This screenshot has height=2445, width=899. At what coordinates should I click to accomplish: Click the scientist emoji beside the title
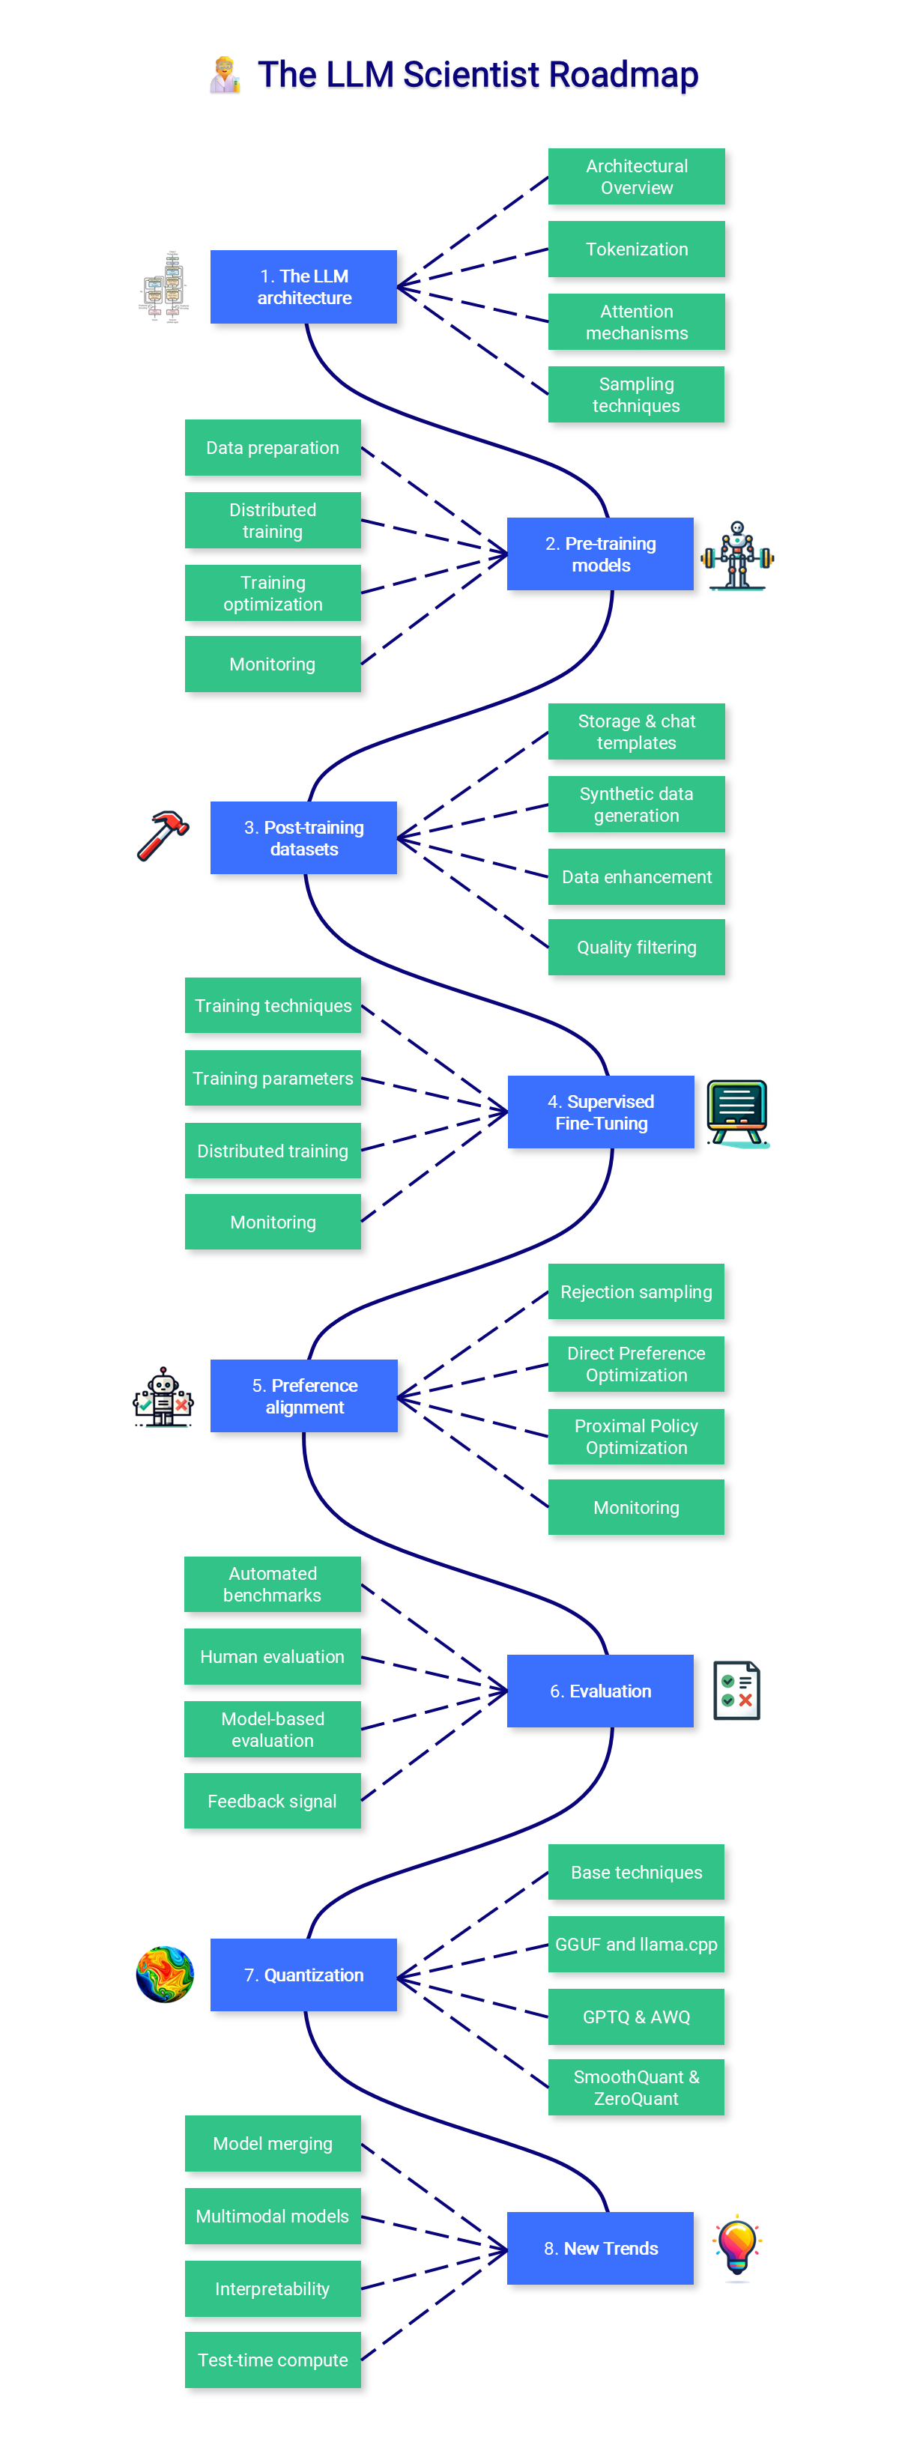[225, 75]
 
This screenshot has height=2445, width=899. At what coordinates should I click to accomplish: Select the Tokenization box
[636, 249]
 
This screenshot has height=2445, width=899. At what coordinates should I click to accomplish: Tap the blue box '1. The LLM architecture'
[303, 287]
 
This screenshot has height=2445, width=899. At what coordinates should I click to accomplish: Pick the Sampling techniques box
[636, 395]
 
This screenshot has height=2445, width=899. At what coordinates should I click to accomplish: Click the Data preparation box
[273, 448]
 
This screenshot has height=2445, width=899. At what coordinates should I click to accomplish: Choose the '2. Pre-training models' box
[600, 554]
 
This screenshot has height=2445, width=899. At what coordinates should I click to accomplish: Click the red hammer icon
[163, 835]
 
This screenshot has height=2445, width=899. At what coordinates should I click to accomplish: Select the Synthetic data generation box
[636, 805]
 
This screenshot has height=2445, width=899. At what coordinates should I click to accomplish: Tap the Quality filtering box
[636, 948]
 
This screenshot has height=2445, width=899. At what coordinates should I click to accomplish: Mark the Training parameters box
[273, 1078]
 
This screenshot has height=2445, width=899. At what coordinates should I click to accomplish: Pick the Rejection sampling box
[636, 1291]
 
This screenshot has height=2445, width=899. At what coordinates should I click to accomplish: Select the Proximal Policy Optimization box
[636, 1437]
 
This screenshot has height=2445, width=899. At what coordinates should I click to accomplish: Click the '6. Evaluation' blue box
[600, 1691]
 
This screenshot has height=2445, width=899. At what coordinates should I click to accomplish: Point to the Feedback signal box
[273, 1802]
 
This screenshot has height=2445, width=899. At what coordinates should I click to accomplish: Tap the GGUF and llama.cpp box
[636, 1945]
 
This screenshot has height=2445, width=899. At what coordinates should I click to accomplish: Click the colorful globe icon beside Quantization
[165, 1975]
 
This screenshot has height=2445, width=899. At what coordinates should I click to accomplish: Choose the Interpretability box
[273, 2289]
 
